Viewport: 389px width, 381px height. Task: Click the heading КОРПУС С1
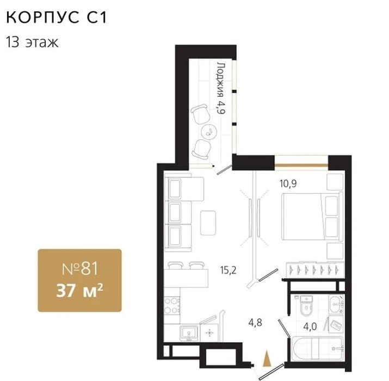(x=57, y=17)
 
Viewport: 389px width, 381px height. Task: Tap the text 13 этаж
(x=32, y=42)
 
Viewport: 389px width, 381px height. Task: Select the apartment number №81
(x=80, y=268)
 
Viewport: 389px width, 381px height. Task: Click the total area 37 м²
(x=79, y=290)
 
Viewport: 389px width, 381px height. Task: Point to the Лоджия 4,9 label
(x=220, y=88)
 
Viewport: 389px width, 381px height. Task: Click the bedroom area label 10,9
(x=288, y=183)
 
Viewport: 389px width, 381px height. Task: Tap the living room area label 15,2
(x=229, y=270)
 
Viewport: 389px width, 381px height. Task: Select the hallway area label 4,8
(x=255, y=323)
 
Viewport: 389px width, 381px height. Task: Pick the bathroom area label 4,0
(x=310, y=327)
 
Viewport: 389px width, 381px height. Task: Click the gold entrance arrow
(x=267, y=358)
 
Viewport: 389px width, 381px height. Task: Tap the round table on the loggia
(x=209, y=131)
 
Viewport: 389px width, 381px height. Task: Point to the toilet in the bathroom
(x=307, y=306)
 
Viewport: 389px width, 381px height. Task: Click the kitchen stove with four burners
(x=172, y=306)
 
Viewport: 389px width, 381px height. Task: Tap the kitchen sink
(x=189, y=333)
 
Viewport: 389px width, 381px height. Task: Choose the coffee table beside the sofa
(x=208, y=223)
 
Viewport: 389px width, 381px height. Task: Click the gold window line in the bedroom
(x=301, y=165)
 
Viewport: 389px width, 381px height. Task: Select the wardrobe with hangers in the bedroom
(x=315, y=269)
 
